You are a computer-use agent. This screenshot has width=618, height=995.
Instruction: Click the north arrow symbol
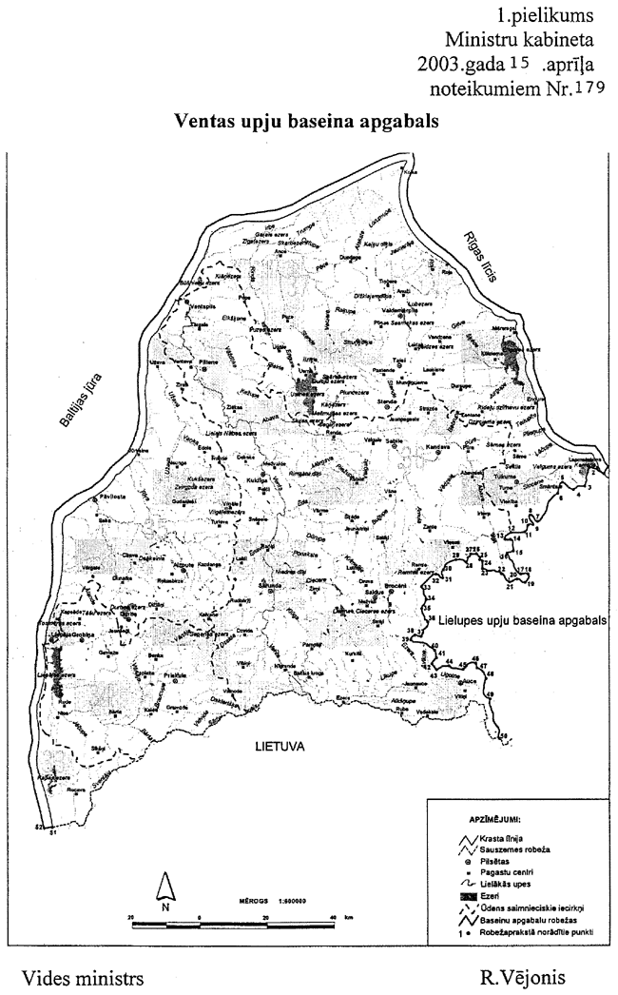(x=165, y=891)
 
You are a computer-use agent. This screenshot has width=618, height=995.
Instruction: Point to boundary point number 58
(x=504, y=735)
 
